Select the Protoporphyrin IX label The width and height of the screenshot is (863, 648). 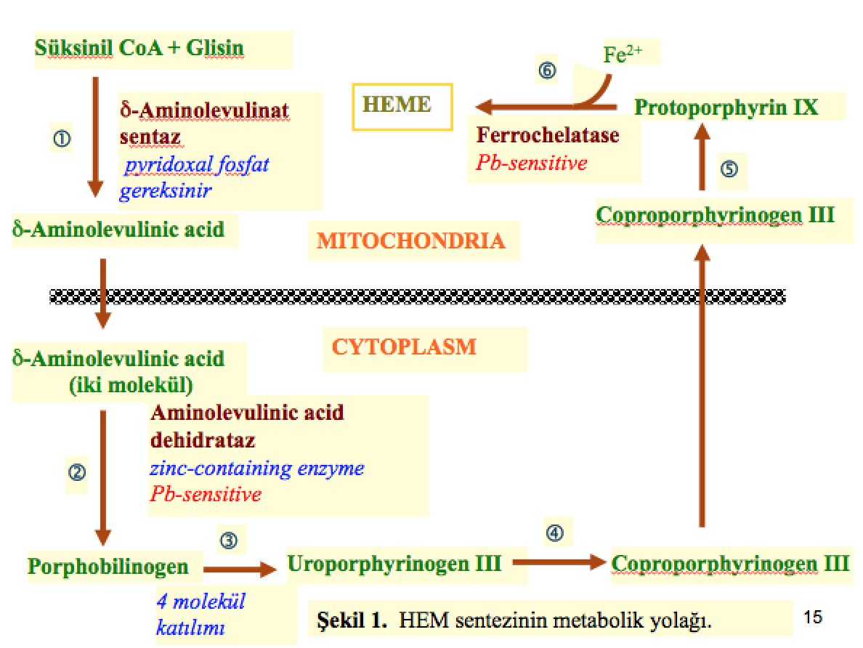726,108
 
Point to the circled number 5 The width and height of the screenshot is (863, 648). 729,169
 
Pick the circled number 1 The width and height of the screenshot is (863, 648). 62,138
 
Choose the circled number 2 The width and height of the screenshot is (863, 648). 76,472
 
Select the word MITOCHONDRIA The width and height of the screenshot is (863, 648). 410,240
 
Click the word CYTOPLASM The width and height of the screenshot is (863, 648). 404,347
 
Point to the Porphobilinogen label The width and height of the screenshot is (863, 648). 108,566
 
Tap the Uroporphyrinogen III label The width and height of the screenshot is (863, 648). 394,563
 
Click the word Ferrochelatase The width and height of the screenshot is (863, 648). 548,135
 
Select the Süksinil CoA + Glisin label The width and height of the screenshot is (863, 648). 139,48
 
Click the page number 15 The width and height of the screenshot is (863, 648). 814,617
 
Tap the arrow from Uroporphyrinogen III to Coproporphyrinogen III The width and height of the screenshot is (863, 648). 559,562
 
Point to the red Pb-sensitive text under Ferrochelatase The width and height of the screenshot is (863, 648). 531,162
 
